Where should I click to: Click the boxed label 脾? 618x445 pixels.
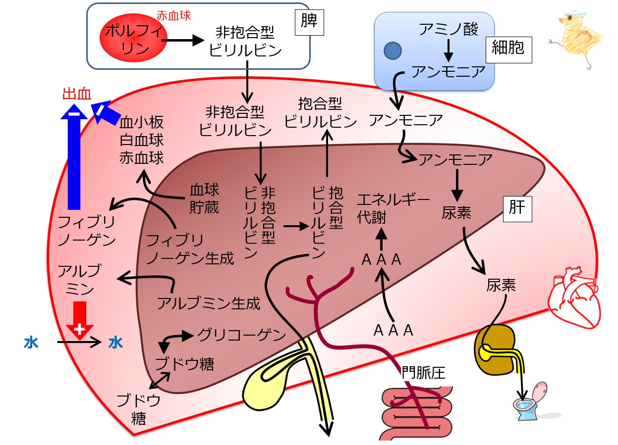pos(309,22)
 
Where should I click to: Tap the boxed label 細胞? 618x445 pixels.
pos(508,50)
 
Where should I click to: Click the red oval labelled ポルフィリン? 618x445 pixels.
pos(133,38)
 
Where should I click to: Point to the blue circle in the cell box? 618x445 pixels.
pos(393,50)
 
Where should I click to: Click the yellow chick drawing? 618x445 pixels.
pos(576,39)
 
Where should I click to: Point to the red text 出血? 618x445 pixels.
pos(77,94)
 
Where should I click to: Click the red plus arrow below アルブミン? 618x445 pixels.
pos(80,320)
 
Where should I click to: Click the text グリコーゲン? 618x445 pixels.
pos(242,335)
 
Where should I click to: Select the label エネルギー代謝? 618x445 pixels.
pos(393,208)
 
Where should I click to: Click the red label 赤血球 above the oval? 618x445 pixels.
pos(173,16)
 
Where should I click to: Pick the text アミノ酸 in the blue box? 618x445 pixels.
pos(449,29)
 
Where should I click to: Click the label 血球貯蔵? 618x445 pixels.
pos(205,198)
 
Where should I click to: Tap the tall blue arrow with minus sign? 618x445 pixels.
pos(74,156)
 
